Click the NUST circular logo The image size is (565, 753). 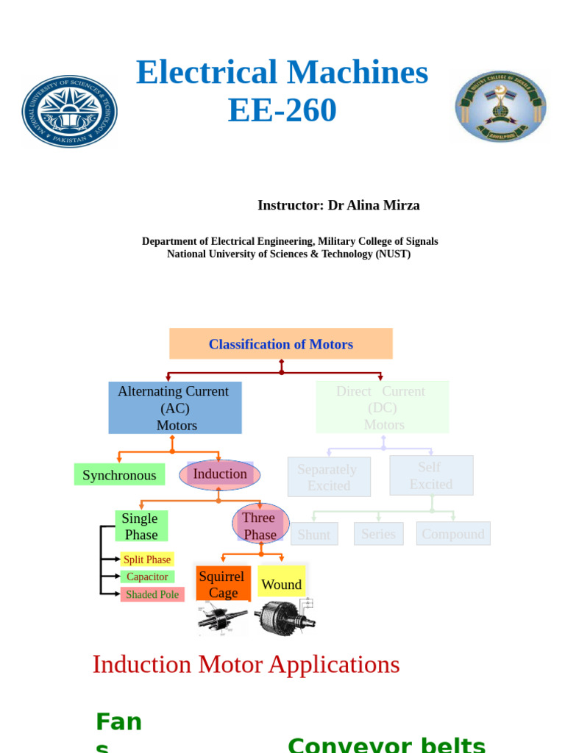(70, 111)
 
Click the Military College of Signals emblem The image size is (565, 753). (500, 106)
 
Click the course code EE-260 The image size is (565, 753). (282, 111)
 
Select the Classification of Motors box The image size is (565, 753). (281, 344)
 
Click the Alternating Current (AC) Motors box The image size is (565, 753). (174, 408)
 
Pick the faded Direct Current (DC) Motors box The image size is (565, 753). (382, 407)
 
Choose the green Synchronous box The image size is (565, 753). (119, 475)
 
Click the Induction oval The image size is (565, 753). (219, 474)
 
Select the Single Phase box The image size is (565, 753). (141, 527)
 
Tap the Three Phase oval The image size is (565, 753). (260, 526)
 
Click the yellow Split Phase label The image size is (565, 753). (147, 560)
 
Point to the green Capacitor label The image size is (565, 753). (147, 577)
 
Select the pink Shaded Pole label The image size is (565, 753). (152, 595)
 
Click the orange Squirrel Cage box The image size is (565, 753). (223, 585)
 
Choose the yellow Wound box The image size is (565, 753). (282, 585)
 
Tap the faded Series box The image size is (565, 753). (378, 534)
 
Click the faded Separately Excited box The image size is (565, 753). (328, 477)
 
